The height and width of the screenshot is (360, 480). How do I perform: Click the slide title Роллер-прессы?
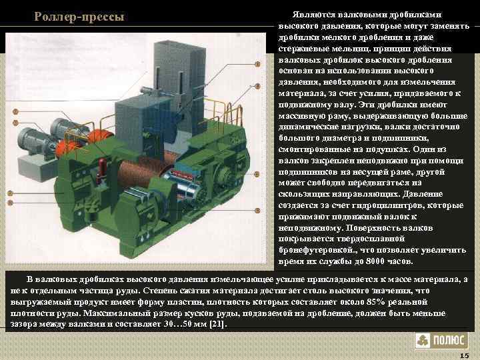pyautogui.click(x=79, y=16)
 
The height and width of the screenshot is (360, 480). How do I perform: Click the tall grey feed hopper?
pyautogui.click(x=183, y=67)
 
